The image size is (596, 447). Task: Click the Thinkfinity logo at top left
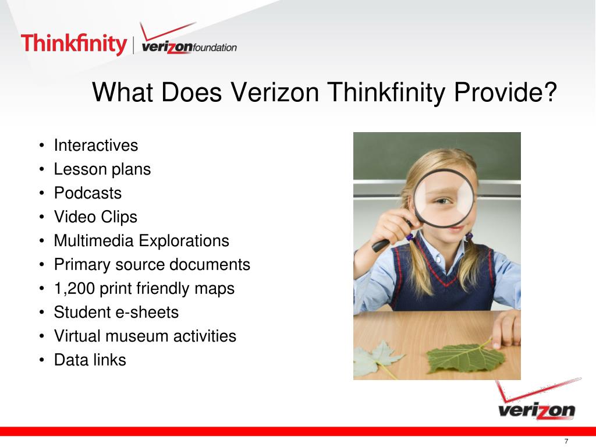coord(73,44)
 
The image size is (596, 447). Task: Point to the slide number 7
coord(566,441)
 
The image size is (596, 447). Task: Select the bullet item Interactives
coord(96,145)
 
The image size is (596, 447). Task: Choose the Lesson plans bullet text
coord(102,169)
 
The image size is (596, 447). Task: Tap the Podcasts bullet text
coord(88,193)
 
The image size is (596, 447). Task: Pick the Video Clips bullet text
coord(95,217)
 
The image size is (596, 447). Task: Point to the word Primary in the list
coord(76,265)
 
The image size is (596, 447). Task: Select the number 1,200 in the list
coord(71,289)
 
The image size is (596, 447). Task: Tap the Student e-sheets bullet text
coord(116,313)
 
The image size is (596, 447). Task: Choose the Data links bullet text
coord(90,360)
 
